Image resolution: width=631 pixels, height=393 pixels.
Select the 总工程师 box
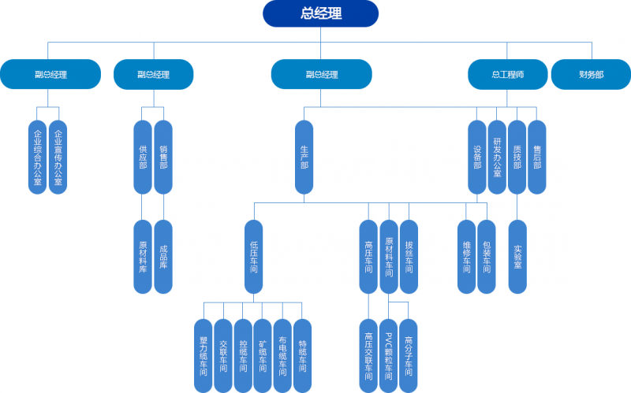tap(507, 74)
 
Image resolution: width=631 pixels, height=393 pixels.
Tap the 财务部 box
tap(591, 74)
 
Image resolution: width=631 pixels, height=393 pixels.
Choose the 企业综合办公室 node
tap(38, 157)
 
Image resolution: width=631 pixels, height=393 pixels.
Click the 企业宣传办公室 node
tap(58, 157)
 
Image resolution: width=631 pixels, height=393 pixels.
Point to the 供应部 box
tap(143, 157)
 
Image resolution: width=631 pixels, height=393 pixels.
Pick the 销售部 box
tap(163, 157)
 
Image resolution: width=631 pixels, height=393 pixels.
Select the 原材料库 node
tap(143, 257)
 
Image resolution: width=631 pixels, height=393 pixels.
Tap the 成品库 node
tap(163, 257)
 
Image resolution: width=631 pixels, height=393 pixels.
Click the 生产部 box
tap(304, 157)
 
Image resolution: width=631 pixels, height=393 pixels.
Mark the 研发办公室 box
tap(497, 157)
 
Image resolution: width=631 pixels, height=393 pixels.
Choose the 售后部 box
tap(537, 157)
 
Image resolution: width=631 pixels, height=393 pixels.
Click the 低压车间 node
tap(253, 257)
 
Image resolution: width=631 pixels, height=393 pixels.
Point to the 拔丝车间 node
tap(409, 257)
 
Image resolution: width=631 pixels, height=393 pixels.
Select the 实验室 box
tap(517, 257)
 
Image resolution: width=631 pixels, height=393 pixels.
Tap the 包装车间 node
tap(487, 257)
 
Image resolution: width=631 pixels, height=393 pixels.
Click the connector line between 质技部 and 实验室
tap(517, 207)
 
